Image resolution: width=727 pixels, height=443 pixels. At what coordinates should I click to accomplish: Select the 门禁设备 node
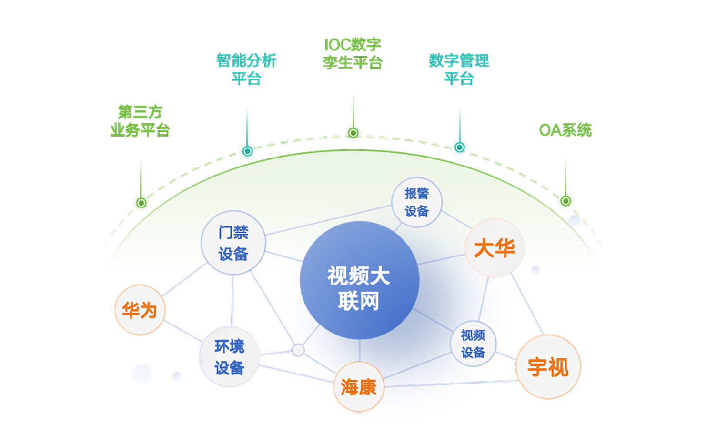(233, 243)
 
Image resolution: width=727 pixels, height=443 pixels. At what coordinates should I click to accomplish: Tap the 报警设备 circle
(417, 202)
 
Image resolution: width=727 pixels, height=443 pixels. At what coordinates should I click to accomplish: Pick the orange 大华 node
(495, 248)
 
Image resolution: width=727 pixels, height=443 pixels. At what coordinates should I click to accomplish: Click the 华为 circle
(140, 310)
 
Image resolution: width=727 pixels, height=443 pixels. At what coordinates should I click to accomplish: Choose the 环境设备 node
(229, 357)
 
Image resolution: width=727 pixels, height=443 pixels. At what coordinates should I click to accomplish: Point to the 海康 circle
(359, 387)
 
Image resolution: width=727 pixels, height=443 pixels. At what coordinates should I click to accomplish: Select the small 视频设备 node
(473, 344)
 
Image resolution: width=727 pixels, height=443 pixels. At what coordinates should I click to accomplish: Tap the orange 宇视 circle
(548, 367)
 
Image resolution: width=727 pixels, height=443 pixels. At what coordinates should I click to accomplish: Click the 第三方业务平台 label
(140, 121)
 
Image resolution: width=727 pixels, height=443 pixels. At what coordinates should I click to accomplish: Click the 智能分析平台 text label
(247, 69)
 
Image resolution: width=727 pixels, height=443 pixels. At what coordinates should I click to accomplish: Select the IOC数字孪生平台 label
(353, 54)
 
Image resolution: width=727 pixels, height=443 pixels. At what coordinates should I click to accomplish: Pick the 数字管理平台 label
(459, 69)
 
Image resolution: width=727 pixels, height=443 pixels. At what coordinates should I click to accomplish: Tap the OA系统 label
(565, 130)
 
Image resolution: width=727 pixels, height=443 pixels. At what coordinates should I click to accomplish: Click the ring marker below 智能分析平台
(247, 151)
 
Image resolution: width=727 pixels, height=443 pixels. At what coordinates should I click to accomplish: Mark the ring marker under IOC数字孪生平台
(353, 133)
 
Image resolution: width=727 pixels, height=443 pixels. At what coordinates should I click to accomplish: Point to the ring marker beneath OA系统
(565, 201)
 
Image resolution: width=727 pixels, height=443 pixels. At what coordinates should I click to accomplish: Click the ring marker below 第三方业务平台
(141, 203)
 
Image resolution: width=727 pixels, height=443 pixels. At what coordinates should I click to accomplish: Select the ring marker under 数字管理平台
(459, 148)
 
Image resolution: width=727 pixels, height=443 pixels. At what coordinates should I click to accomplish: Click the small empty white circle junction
(298, 350)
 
